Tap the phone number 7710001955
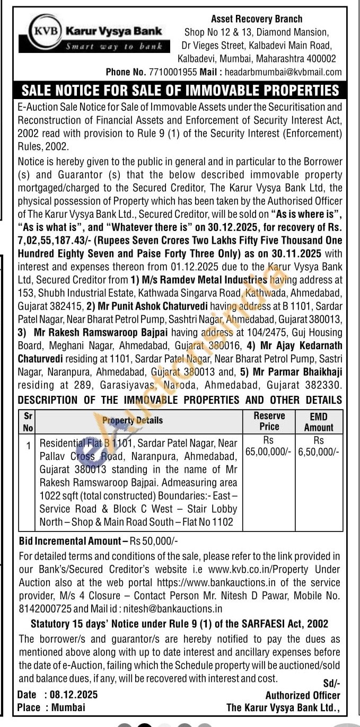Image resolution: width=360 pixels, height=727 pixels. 174,72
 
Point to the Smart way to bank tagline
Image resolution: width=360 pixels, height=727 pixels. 114,46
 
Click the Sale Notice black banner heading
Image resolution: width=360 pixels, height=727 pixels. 180,90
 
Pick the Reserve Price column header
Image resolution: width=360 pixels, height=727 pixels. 269,421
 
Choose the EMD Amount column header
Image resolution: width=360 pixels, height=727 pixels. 319,421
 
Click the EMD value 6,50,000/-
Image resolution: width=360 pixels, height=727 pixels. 319,452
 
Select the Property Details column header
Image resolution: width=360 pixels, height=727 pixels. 133,420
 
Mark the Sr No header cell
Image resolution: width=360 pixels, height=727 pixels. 28,421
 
